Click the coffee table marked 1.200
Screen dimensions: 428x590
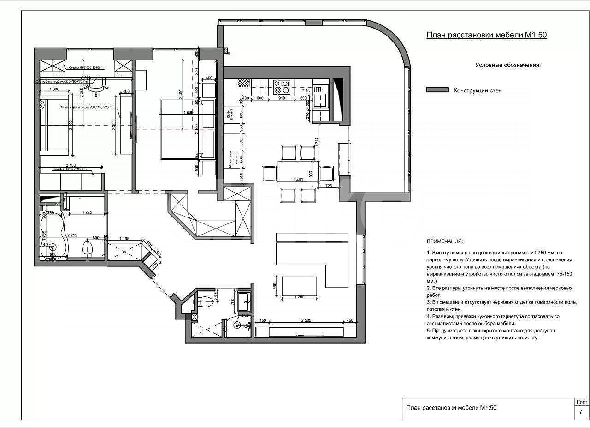tap(299, 286)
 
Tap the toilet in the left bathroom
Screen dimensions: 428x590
tap(87, 249)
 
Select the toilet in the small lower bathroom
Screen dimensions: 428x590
tap(208, 301)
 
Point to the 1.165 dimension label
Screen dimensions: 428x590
tap(124, 238)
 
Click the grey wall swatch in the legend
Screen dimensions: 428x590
tap(437, 90)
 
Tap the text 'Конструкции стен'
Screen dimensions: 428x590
tap(478, 90)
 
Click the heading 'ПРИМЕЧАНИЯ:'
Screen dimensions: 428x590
tap(445, 241)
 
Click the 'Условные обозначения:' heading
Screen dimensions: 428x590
tap(508, 65)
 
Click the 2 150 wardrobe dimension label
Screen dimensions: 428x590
tap(71, 165)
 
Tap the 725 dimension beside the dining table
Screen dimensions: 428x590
tap(329, 186)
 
